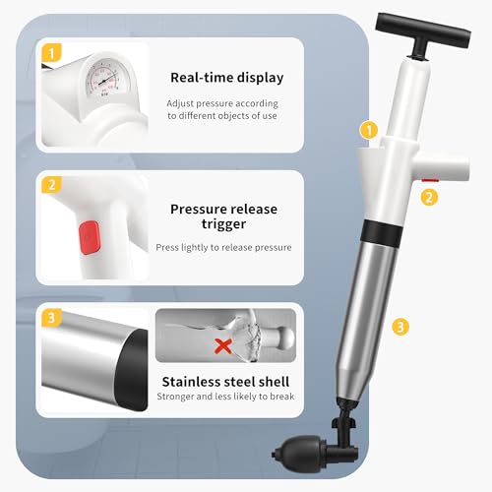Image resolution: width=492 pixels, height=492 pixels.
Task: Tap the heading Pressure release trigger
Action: coord(223,216)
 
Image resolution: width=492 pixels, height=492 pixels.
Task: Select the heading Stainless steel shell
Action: coord(224,381)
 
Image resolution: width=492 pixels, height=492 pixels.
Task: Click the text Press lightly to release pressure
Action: coord(224,247)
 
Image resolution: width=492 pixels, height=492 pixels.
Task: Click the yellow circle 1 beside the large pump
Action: coord(368,129)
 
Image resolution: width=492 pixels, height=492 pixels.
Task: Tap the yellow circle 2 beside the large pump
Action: coord(429,196)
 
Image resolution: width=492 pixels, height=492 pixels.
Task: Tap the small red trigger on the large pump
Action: coord(429,180)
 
